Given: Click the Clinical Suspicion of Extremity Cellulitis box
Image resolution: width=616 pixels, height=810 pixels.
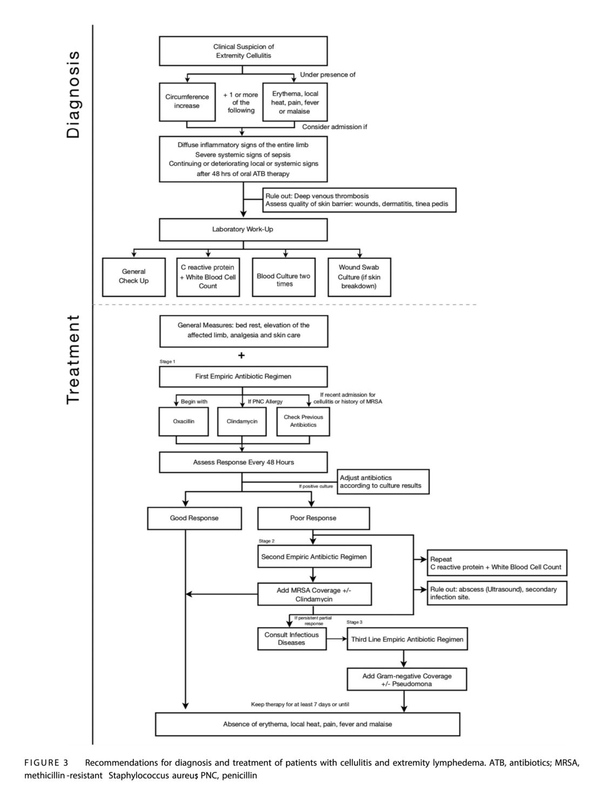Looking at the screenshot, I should click(x=243, y=51).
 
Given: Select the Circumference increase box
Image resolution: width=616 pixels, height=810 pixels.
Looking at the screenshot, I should click(x=187, y=102).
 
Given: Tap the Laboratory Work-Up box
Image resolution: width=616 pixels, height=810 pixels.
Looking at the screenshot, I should click(x=243, y=230).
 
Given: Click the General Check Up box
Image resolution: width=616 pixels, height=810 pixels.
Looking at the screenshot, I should click(x=133, y=276).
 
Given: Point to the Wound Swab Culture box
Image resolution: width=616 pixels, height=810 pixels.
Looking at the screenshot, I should click(x=359, y=276).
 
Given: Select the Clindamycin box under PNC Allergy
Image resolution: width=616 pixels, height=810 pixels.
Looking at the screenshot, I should click(x=242, y=421).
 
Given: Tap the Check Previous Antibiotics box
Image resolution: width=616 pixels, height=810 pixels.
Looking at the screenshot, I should click(x=303, y=421).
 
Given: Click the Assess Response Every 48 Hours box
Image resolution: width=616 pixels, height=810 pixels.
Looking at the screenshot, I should click(x=243, y=463).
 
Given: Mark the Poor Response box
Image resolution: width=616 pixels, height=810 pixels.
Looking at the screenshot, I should click(x=313, y=518).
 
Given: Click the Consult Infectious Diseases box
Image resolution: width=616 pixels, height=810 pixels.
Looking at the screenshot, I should click(x=292, y=639).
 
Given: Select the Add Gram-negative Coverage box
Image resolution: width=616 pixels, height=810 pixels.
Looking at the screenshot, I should click(x=407, y=680).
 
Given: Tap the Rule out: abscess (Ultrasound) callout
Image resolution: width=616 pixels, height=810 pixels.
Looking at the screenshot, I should click(x=497, y=593).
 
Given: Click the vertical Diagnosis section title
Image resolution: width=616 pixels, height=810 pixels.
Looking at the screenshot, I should click(x=73, y=94).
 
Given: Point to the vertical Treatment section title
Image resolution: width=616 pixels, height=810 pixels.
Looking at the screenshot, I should click(x=73, y=359).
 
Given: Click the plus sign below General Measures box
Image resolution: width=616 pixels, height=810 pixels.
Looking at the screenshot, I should click(x=241, y=355).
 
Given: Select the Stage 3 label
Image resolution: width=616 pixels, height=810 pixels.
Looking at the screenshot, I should click(x=355, y=623).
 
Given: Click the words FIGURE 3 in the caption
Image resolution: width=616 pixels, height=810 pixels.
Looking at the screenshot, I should click(x=46, y=763).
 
